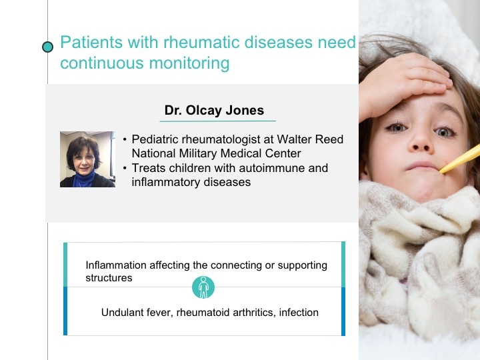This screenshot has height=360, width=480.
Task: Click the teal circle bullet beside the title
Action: click(x=47, y=47)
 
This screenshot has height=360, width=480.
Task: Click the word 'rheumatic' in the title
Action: click(x=201, y=42)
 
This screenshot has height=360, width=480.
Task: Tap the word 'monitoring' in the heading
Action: click(x=189, y=63)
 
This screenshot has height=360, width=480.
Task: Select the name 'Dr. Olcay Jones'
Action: click(x=214, y=110)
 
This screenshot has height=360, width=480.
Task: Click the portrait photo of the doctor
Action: click(x=87, y=159)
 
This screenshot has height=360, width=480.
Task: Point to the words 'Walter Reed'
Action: click(x=310, y=139)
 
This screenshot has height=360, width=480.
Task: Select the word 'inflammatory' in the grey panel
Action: click(x=165, y=182)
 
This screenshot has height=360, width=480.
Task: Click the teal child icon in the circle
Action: click(x=203, y=287)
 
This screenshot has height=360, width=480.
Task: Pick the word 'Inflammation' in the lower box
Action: click(x=116, y=265)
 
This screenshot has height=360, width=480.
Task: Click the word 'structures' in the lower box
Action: click(x=109, y=278)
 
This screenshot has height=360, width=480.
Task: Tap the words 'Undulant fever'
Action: click(x=137, y=313)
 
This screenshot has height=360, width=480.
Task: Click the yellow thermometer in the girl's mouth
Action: click(x=460, y=159)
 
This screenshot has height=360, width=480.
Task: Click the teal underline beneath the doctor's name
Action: click(x=217, y=121)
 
